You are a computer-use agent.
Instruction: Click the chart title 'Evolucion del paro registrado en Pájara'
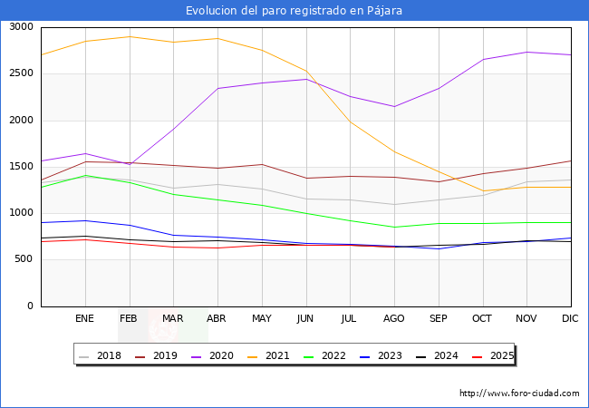[x=294, y=11]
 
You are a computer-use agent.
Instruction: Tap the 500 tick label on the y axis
[x=24, y=259]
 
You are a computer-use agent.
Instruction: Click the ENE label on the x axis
[x=85, y=318]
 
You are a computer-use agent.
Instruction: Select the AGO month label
[x=394, y=318]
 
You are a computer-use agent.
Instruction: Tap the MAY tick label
[x=262, y=318]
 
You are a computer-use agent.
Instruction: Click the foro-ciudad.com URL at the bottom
[x=519, y=393]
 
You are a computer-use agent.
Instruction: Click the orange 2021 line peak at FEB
[x=130, y=36]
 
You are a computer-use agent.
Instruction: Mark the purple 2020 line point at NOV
[x=526, y=52]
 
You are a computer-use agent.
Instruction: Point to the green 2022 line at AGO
[x=394, y=228]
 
